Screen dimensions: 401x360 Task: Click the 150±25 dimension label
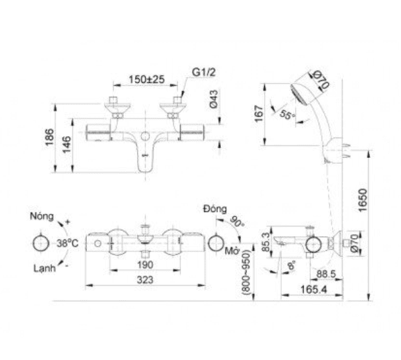pyautogui.click(x=146, y=80)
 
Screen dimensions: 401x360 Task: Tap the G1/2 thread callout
pyautogui.click(x=204, y=72)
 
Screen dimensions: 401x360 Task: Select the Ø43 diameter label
pyautogui.click(x=213, y=99)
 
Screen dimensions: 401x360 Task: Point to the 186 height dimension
pyautogui.click(x=49, y=137)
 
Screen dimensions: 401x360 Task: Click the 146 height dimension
pyautogui.click(x=67, y=144)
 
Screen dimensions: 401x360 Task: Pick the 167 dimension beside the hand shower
pyautogui.click(x=259, y=114)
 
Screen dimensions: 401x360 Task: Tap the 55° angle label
pyautogui.click(x=287, y=115)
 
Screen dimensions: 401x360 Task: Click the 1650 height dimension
pyautogui.click(x=363, y=200)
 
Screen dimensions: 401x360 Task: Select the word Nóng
pyautogui.click(x=42, y=217)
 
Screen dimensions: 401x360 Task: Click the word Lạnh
pyautogui.click(x=45, y=269)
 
